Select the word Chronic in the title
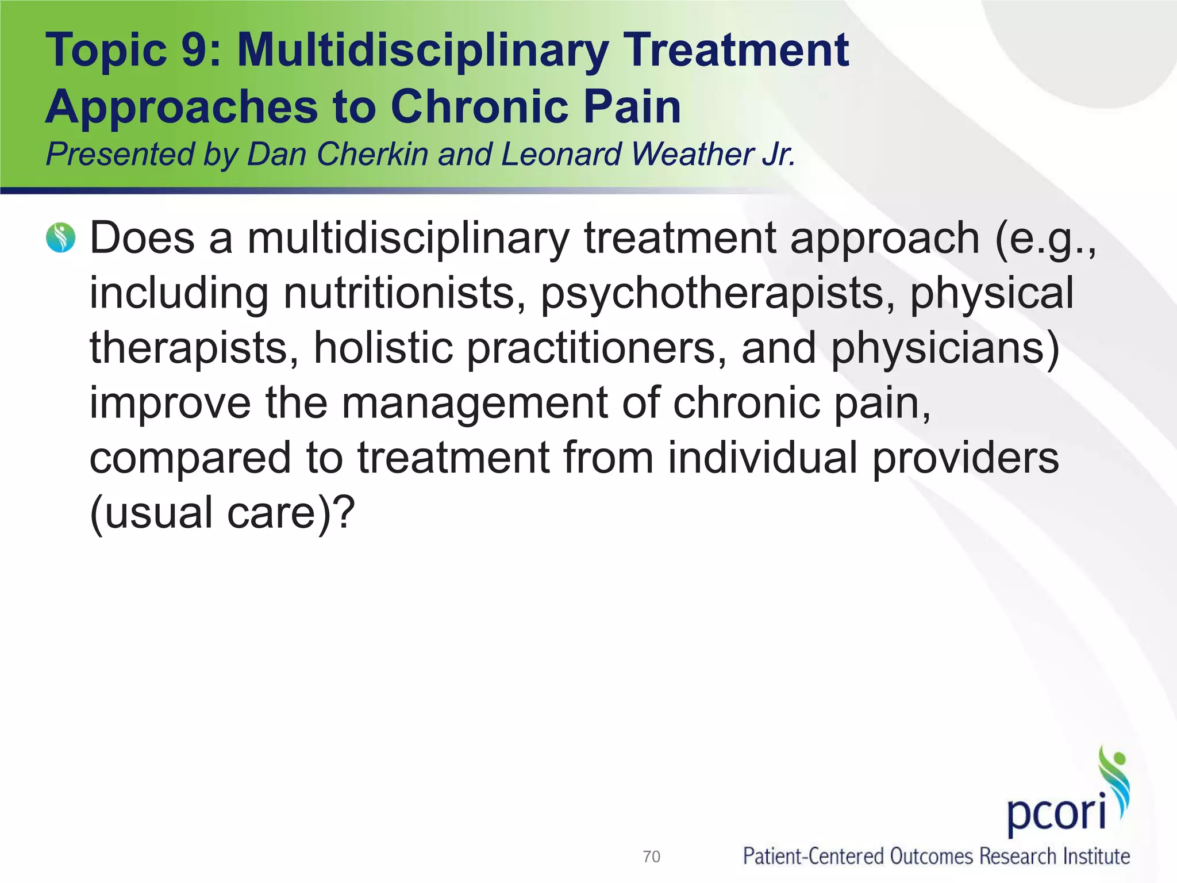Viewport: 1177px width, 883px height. [479, 107]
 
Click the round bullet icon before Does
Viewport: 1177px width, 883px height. [61, 238]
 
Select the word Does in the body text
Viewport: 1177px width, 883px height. [142, 238]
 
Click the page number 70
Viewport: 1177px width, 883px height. [651, 857]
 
